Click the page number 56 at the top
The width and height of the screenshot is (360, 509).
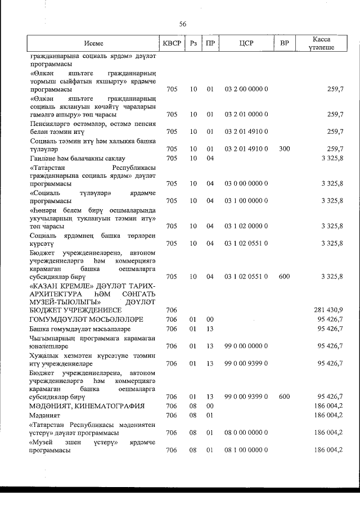coord(182,24)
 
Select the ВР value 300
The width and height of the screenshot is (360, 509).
coord(285,148)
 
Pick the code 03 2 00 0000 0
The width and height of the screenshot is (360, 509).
coord(246,89)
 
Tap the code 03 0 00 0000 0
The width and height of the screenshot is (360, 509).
coord(246,183)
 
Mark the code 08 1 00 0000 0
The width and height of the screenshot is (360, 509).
coord(246,450)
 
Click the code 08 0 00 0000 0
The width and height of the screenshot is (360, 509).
coord(246,433)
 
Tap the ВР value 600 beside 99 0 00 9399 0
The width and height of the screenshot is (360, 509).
coord(285,397)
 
